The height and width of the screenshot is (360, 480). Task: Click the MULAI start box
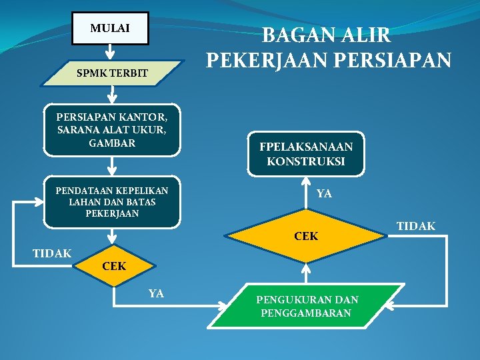pyautogui.click(x=110, y=29)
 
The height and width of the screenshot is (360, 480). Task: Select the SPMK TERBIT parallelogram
pyautogui.click(x=111, y=73)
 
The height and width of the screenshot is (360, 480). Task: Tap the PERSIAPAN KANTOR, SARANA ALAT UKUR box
pyautogui.click(x=111, y=130)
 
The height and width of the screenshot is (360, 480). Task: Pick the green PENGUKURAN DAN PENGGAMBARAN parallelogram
pyautogui.click(x=306, y=306)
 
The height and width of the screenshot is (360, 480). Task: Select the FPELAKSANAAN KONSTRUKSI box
pyautogui.click(x=306, y=154)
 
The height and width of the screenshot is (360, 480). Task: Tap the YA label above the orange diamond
pyautogui.click(x=324, y=194)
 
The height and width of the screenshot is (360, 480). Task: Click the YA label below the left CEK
pyautogui.click(x=156, y=293)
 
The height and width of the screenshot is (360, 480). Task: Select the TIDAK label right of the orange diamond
pyautogui.click(x=416, y=227)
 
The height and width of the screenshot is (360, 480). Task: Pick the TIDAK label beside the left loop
pyautogui.click(x=52, y=253)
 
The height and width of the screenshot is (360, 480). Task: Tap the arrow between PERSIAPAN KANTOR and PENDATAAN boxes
pyautogui.click(x=111, y=167)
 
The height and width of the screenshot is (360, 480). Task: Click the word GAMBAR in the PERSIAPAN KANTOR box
pyautogui.click(x=111, y=143)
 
